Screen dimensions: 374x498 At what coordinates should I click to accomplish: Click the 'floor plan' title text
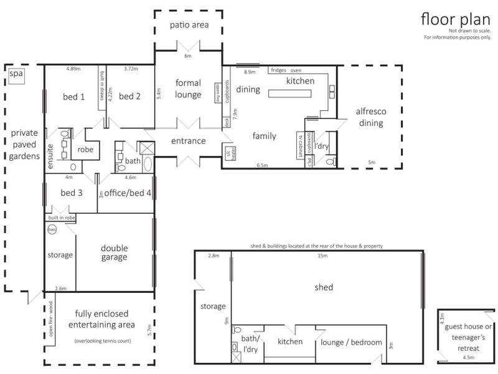tap(455, 18)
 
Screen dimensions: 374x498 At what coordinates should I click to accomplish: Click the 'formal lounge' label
tap(188, 89)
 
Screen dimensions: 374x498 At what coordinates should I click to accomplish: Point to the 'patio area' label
tap(189, 26)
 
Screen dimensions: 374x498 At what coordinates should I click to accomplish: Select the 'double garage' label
tap(115, 252)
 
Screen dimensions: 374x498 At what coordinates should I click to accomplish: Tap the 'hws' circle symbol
tap(52, 229)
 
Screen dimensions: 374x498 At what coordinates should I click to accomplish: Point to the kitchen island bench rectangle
tap(290, 93)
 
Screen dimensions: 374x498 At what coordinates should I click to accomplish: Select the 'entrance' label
tap(189, 141)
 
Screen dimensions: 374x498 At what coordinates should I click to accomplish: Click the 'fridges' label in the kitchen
tap(278, 69)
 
